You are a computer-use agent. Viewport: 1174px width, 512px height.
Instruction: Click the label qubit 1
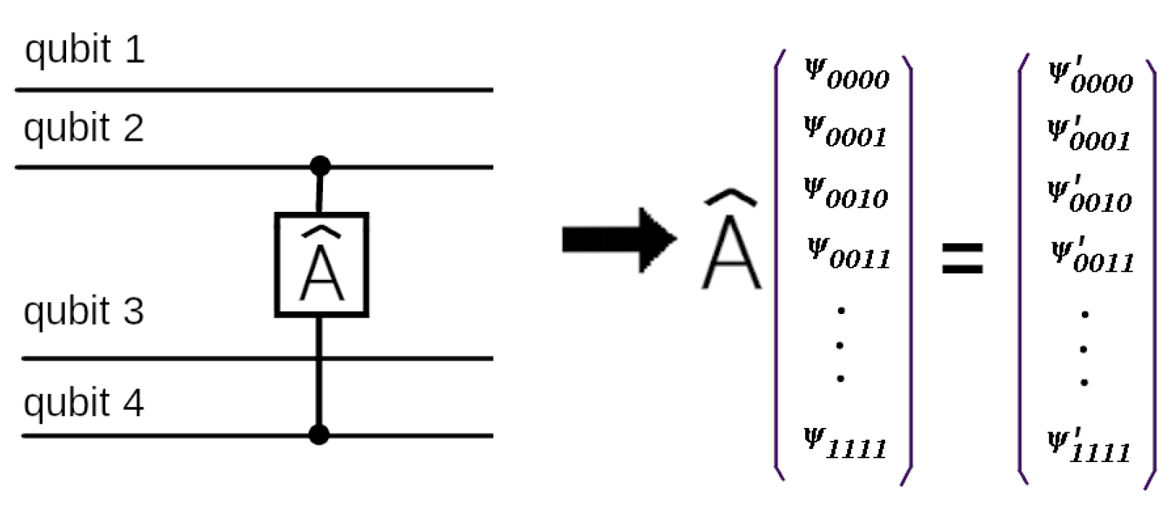(x=84, y=50)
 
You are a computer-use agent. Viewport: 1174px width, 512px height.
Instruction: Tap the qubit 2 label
(x=83, y=128)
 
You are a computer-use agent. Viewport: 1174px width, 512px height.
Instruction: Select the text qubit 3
(x=83, y=312)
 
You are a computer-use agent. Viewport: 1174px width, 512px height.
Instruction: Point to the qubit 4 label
(x=83, y=403)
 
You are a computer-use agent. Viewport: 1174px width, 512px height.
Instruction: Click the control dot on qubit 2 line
(x=319, y=166)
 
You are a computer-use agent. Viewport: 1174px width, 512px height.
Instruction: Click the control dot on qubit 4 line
(x=319, y=434)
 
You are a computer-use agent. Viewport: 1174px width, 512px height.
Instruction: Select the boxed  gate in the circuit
(x=322, y=265)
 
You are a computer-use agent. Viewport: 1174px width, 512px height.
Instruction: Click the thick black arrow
(x=619, y=239)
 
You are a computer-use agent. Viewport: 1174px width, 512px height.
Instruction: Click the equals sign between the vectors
(x=962, y=258)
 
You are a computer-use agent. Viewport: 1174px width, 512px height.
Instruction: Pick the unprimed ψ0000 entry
(x=847, y=74)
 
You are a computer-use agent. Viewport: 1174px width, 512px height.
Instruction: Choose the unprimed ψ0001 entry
(x=845, y=133)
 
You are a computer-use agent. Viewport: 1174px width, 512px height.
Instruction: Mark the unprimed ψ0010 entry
(x=845, y=194)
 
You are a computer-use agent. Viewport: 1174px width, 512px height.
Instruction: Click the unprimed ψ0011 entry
(x=848, y=255)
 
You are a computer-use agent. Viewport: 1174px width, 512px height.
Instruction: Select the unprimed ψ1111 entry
(x=845, y=443)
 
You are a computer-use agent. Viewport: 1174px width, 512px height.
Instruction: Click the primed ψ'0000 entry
(x=1090, y=77)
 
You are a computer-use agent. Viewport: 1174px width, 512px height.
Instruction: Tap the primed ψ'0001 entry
(x=1088, y=136)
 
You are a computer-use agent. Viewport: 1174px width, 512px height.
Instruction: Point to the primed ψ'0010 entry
(x=1088, y=197)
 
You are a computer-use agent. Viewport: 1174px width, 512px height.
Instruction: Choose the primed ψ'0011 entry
(x=1091, y=257)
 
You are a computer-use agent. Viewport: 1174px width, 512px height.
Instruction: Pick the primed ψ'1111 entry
(x=1088, y=446)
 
